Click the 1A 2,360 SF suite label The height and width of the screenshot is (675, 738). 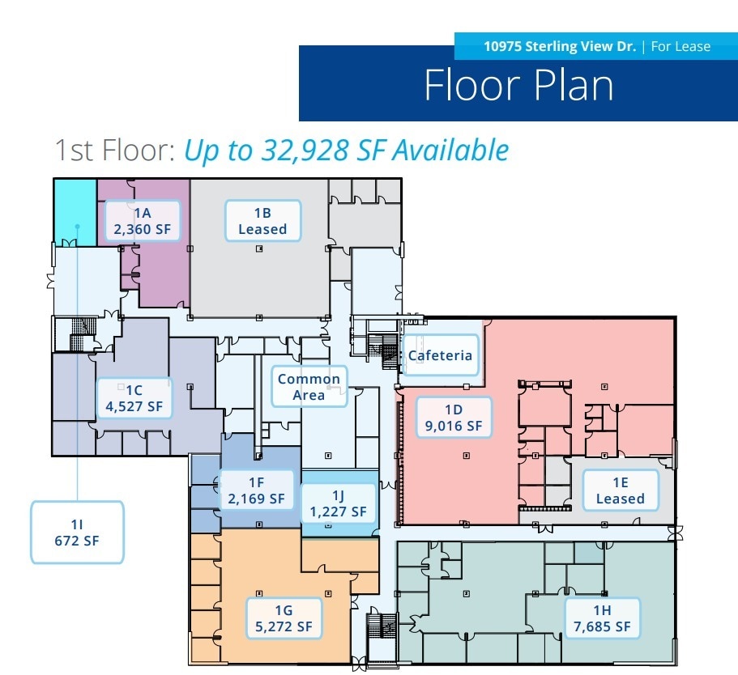143,221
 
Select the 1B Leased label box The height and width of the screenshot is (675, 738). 262,221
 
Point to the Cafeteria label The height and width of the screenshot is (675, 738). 440,355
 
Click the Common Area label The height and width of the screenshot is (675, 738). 309,387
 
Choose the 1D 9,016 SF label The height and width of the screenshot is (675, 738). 454,417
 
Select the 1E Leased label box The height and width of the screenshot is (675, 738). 620,490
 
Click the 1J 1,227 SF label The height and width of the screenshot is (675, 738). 338,503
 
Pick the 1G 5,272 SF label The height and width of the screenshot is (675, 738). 283,618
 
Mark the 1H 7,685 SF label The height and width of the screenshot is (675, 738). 601,618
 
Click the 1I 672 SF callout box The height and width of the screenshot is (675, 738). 78,532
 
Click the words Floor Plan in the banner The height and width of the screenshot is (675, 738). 518,86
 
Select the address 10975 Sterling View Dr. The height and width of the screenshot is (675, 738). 560,46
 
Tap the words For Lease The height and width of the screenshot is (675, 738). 680,46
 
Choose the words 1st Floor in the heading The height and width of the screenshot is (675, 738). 113,151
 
